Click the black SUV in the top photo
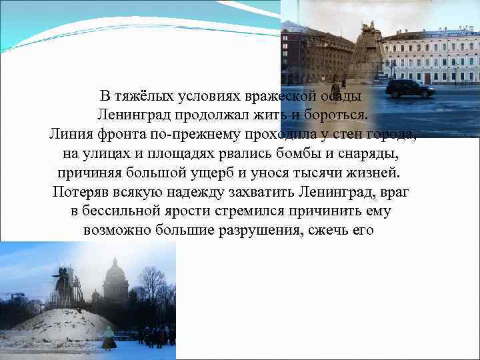click(409, 88)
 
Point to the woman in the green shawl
click(108, 339)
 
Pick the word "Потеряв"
click(77, 193)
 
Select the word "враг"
click(395, 193)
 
